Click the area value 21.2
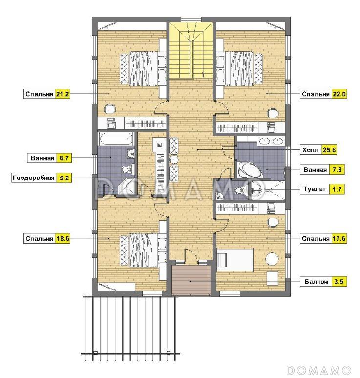click(x=63, y=94)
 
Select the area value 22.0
click(x=339, y=94)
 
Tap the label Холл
click(x=310, y=150)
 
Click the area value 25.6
click(x=329, y=150)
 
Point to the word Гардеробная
click(x=34, y=178)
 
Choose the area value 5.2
click(x=64, y=178)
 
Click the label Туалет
click(x=315, y=189)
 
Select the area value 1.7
click(x=337, y=189)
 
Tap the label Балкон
click(x=316, y=281)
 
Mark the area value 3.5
click(x=339, y=281)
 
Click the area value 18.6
click(x=63, y=239)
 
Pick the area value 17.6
click(x=339, y=239)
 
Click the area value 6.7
click(x=64, y=158)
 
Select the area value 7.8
click(x=337, y=170)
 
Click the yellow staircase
click(x=191, y=51)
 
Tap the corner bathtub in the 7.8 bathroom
click(x=249, y=170)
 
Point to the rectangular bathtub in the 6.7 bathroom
click(x=116, y=139)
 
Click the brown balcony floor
click(x=191, y=280)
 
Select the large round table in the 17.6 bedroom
click(x=272, y=259)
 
